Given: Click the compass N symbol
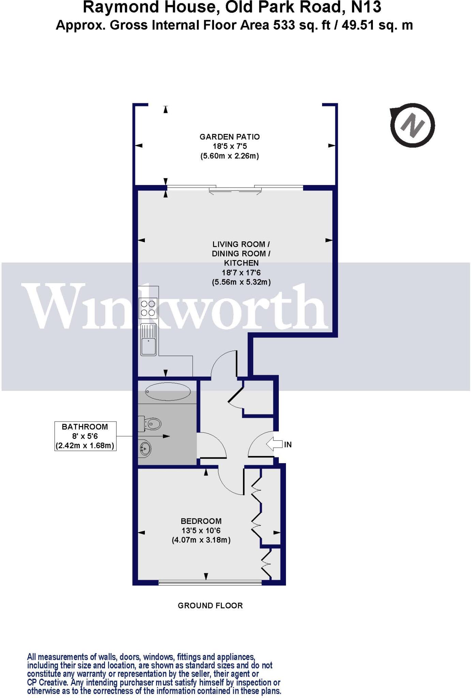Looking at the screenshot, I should (413, 126).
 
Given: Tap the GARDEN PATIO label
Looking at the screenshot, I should (229, 137).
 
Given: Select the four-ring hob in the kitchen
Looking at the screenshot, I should (148, 308).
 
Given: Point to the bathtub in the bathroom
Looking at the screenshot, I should (168, 392).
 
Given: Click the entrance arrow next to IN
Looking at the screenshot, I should (274, 444).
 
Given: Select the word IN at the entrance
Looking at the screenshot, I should (288, 444).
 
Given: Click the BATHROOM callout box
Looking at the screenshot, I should (85, 436).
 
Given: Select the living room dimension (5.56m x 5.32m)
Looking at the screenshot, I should (241, 282).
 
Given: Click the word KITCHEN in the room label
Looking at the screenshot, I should (241, 263).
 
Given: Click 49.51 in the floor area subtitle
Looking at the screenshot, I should (358, 26).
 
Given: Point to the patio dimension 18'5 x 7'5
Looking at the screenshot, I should (229, 147).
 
